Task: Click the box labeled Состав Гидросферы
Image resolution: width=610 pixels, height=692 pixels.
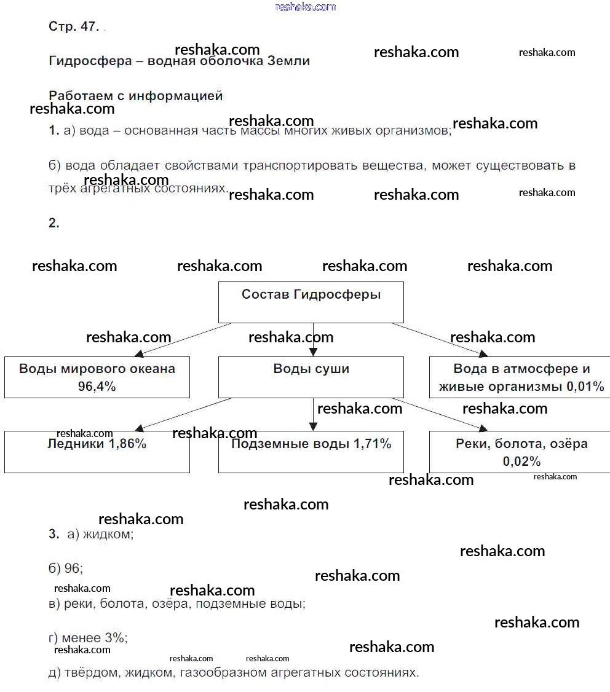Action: tap(311, 302)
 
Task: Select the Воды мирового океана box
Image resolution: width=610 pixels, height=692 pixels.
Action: tap(97, 377)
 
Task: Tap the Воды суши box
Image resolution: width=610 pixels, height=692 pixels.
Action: tap(311, 377)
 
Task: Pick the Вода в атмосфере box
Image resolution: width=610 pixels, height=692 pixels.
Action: tap(520, 377)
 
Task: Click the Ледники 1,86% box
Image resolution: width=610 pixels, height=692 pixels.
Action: tap(97, 452)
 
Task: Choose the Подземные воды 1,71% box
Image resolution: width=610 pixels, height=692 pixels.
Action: tap(311, 452)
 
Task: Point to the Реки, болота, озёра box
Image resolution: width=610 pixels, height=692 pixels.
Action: tap(520, 452)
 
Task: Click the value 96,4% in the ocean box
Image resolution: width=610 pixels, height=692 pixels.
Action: tap(97, 387)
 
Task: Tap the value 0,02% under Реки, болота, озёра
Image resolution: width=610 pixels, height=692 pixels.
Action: tap(521, 462)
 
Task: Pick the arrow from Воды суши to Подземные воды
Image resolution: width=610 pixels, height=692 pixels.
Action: tap(313, 414)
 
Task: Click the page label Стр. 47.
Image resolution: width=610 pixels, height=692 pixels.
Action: tap(73, 27)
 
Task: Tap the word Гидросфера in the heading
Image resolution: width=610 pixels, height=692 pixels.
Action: tap(90, 61)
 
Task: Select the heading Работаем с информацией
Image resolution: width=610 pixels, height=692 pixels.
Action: tap(135, 96)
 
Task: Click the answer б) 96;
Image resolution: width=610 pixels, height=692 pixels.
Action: tap(66, 568)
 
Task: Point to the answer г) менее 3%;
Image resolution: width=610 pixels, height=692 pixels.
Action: tap(88, 639)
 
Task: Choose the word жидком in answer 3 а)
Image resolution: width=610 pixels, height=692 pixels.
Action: tap(108, 534)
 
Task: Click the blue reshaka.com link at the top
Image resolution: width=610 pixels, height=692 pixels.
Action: tap(306, 7)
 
